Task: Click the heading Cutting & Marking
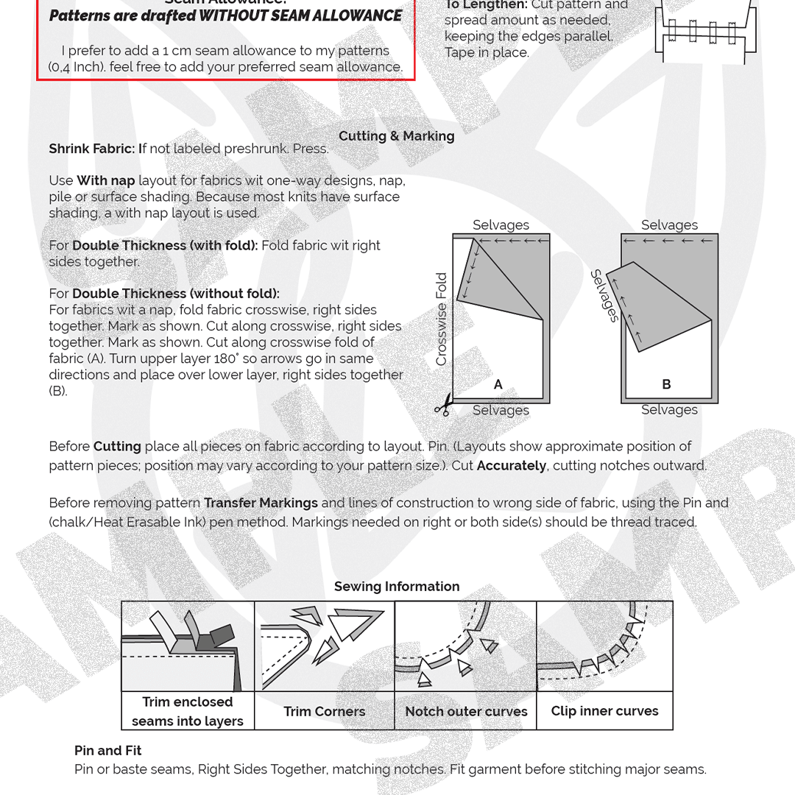tap(396, 136)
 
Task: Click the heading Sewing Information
tap(396, 587)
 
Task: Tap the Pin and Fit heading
tap(107, 751)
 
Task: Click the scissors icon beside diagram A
tap(442, 405)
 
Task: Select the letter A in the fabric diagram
tap(498, 384)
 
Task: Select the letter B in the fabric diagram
tap(666, 384)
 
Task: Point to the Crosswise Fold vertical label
tap(442, 319)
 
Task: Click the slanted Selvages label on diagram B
tap(604, 296)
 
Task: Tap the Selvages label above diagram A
tap(501, 225)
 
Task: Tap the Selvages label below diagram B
tap(669, 410)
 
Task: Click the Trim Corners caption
tap(324, 712)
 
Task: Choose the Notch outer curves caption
tap(466, 712)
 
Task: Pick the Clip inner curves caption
tap(604, 711)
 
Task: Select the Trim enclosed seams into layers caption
tap(188, 712)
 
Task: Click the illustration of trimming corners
tap(324, 646)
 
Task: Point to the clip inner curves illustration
tap(604, 646)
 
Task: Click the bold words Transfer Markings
tap(261, 504)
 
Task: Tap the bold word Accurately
tap(511, 466)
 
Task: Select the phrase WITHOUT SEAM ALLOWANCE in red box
tap(300, 16)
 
